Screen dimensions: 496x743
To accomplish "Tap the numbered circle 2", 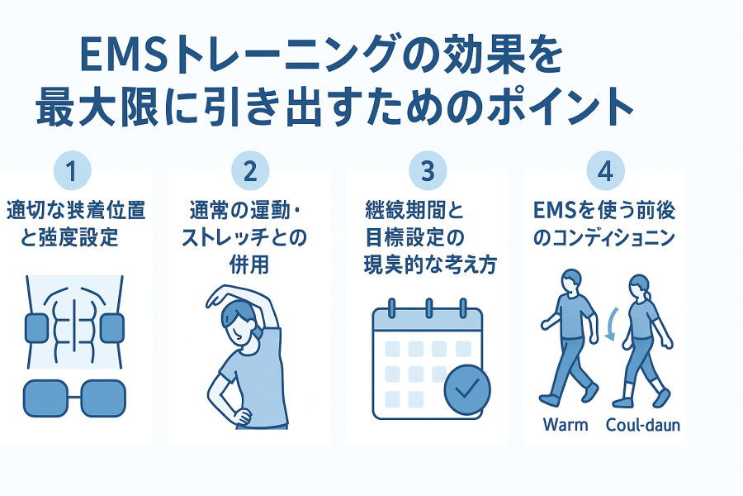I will (x=250, y=171).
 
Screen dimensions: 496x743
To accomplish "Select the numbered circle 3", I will (x=427, y=171).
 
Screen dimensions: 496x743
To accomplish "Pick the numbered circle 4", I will (x=604, y=171).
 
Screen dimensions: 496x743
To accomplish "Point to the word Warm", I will (x=566, y=425).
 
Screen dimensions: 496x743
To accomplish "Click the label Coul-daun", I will (x=643, y=425).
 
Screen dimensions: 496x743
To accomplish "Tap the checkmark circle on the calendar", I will (x=466, y=389).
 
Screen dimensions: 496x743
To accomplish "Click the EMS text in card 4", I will (x=554, y=212).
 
